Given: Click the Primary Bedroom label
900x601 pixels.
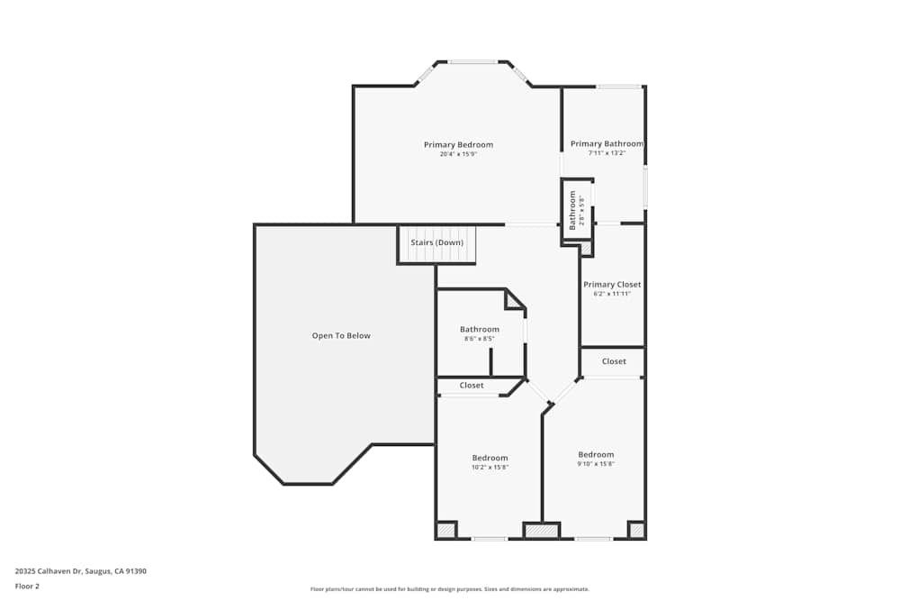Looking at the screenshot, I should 458,145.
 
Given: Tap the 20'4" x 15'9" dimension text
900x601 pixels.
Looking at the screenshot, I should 458,154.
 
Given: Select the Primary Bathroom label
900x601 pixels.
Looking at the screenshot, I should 607,144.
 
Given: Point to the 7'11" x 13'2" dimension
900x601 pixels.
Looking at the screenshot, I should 607,153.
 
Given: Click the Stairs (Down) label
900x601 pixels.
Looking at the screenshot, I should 436,243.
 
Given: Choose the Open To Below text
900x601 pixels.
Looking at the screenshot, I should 341,336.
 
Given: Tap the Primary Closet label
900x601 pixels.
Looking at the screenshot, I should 612,285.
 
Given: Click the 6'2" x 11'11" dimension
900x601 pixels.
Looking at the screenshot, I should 612,294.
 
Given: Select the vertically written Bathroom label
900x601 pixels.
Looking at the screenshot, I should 572,208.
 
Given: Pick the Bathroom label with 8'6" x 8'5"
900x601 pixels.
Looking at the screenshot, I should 480,330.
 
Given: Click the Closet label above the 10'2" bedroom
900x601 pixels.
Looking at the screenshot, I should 472,386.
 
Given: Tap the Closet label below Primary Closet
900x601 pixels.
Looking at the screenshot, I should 614,361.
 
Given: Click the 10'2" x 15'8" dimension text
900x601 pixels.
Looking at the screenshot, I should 490,468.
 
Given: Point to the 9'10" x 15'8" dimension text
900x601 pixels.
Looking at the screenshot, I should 596,464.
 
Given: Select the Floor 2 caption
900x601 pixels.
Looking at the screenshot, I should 27,587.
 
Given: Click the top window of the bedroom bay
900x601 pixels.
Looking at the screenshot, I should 472,62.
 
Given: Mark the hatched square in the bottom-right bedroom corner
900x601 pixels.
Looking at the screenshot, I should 636,531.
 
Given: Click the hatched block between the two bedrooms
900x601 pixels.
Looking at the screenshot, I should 542,531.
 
